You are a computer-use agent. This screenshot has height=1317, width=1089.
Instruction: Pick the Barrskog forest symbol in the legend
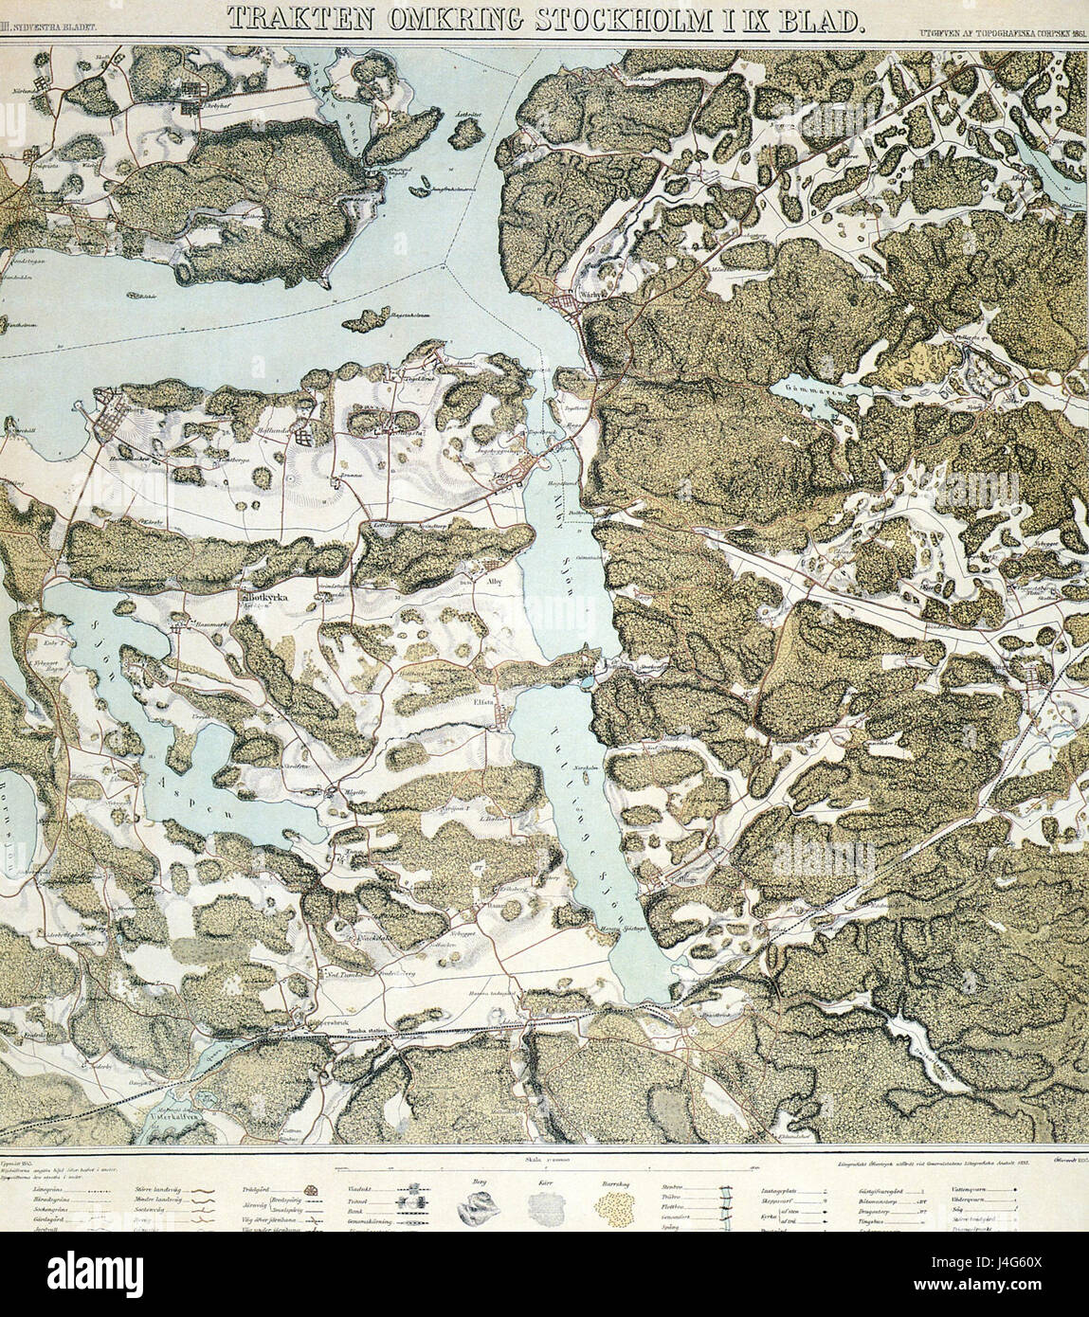[614, 1206]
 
